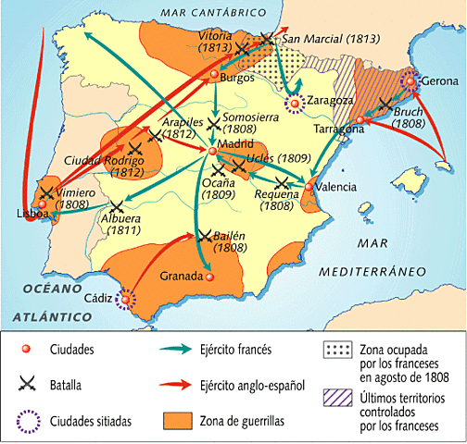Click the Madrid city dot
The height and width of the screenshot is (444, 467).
coord(212,151)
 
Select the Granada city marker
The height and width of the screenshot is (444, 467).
coord(210,275)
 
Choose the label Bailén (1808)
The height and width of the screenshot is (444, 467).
coord(228,241)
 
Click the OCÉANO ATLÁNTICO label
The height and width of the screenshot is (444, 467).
coord(42,302)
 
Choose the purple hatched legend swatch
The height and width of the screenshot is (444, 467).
coord(334,399)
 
